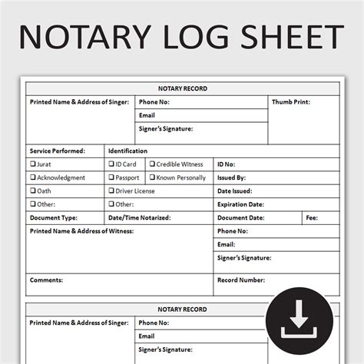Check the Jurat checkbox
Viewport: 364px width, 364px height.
point(33,164)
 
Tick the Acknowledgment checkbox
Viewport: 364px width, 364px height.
point(33,177)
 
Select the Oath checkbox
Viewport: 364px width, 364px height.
point(33,191)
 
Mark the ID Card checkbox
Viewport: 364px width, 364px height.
point(111,164)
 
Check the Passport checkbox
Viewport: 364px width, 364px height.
point(111,177)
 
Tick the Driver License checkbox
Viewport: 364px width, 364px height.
point(111,191)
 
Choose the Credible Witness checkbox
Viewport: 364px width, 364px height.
point(152,164)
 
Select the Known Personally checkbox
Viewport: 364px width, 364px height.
point(152,177)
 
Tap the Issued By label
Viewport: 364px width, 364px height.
point(231,177)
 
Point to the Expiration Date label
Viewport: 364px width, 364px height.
point(240,204)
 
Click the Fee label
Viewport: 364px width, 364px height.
point(311,217)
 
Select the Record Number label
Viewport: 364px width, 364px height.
point(242,280)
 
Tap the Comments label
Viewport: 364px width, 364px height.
point(46,280)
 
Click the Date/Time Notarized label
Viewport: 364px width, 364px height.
point(140,217)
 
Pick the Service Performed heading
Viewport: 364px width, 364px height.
point(57,151)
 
